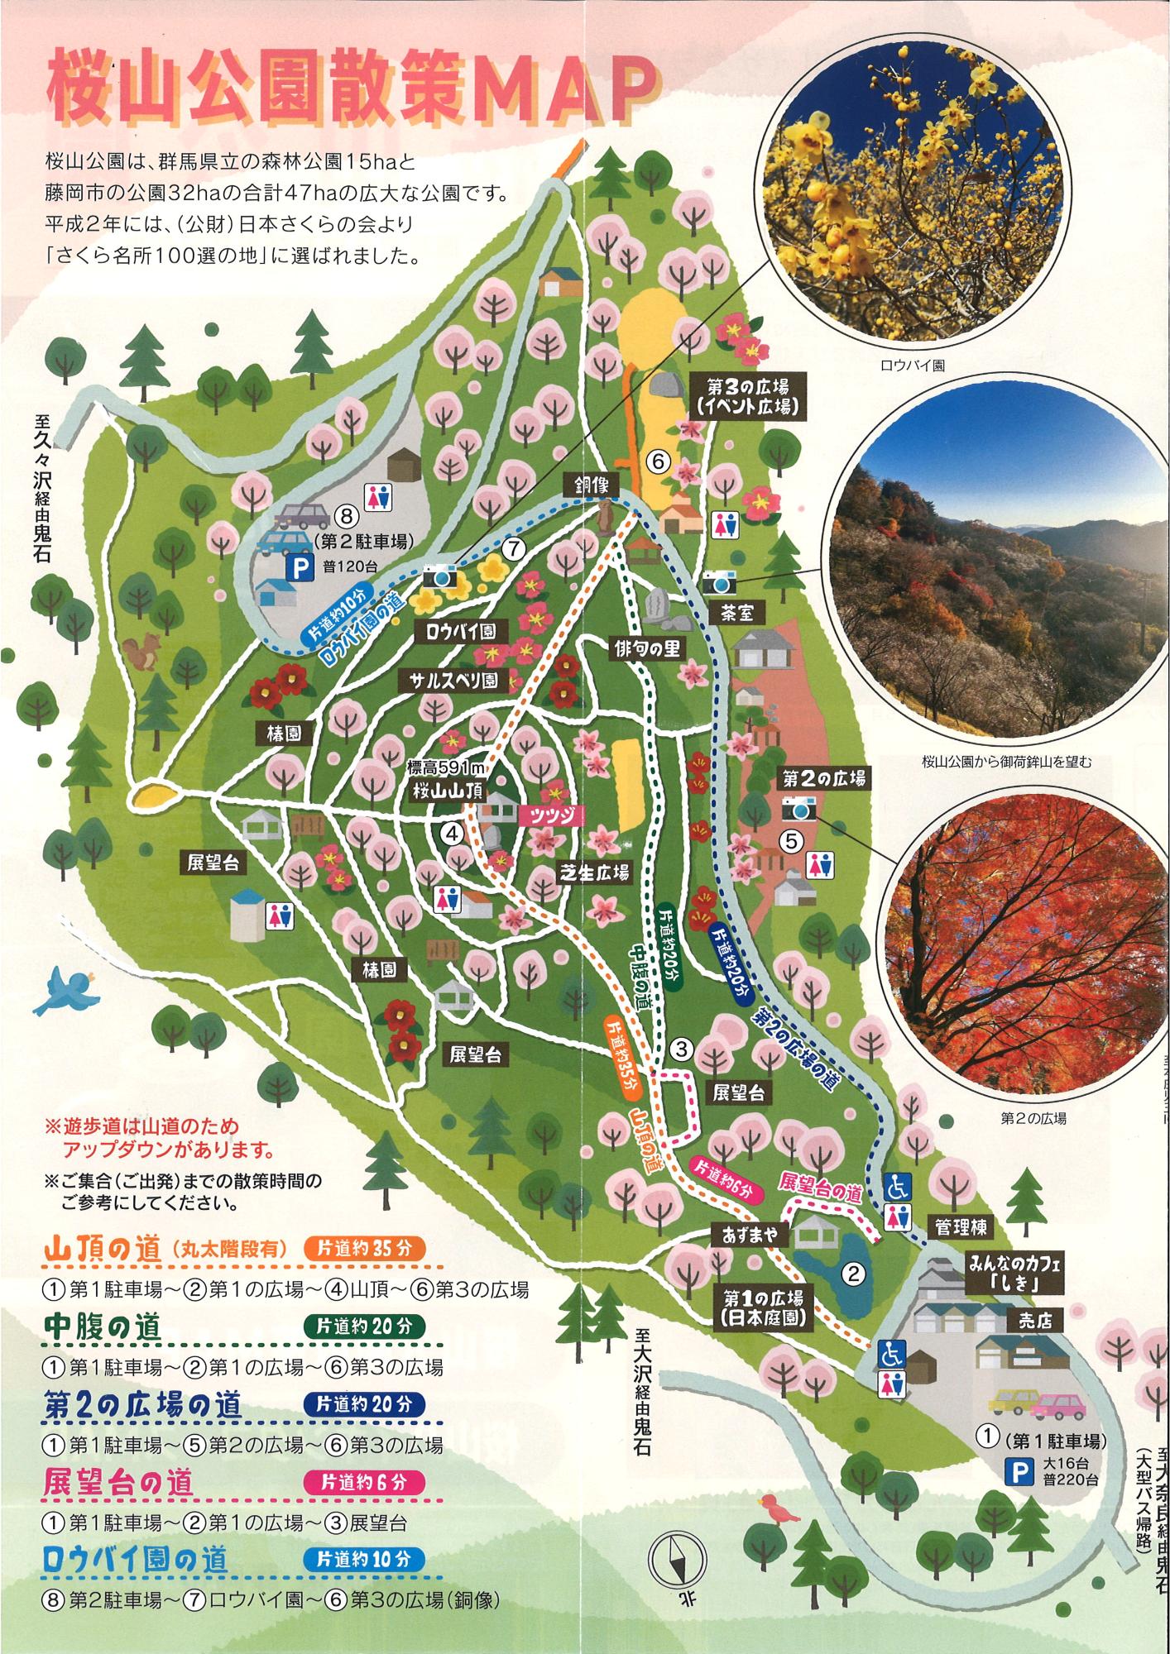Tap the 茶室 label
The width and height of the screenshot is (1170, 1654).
742,613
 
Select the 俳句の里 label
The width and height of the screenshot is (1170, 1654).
647,648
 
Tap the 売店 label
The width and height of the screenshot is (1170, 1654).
1034,1322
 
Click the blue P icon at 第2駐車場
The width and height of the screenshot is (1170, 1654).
297,566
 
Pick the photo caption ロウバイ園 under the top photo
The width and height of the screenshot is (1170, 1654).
906,364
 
